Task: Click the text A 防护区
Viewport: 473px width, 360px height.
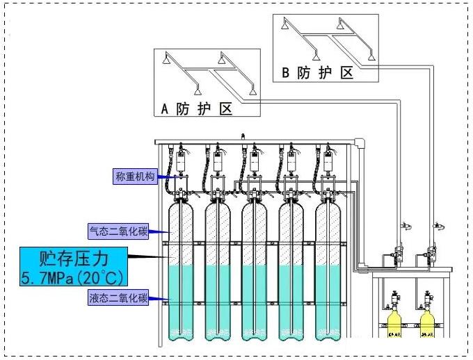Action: point(196,108)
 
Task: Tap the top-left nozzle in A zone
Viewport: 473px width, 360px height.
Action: point(165,58)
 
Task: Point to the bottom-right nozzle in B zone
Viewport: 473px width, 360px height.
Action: point(372,56)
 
